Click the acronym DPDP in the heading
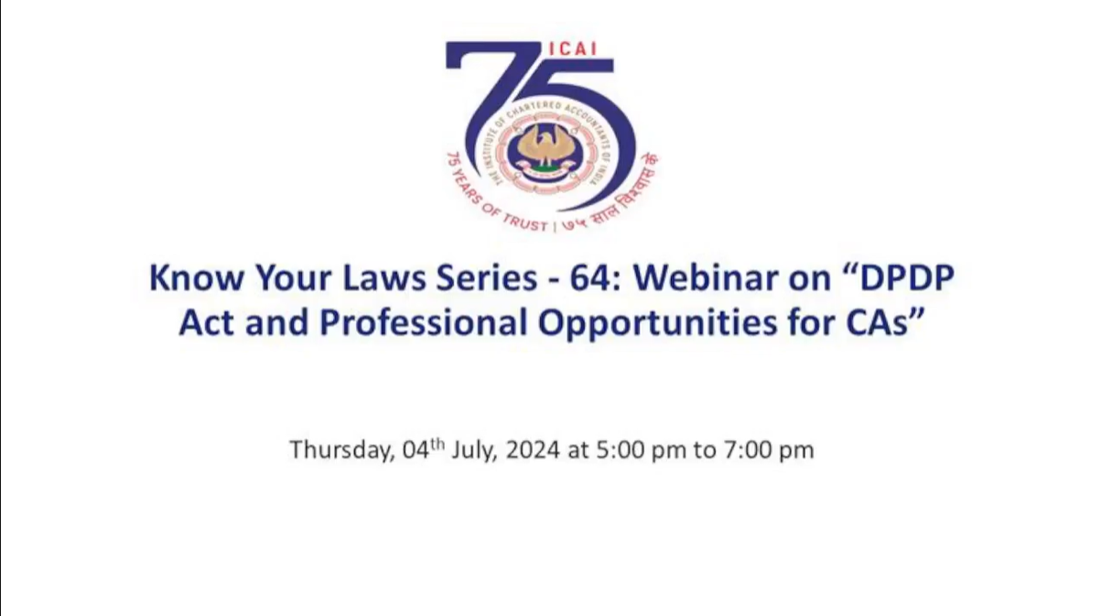pos(907,277)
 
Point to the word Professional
pos(424,322)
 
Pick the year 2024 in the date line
pos(533,449)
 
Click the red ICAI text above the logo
pos(572,49)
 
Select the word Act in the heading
pos(207,322)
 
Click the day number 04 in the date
pos(416,449)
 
